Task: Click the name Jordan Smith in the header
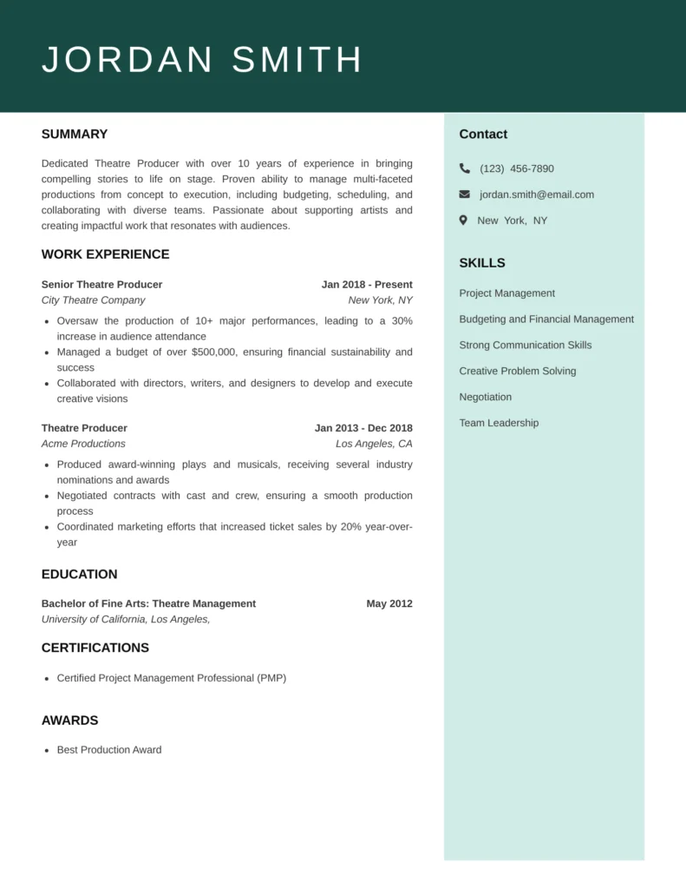point(202,60)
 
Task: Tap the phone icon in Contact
point(465,168)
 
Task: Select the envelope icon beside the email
point(465,194)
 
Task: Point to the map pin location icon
point(464,221)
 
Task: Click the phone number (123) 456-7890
point(516,168)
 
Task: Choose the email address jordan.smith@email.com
point(537,194)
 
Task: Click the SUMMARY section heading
point(75,135)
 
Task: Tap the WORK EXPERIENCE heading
point(105,254)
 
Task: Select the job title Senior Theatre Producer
point(101,285)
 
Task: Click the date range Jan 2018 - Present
point(367,285)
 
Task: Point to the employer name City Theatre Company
point(93,300)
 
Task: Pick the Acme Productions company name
point(83,444)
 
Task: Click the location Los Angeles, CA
point(374,444)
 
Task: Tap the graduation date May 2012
point(389,604)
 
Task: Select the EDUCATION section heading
point(79,575)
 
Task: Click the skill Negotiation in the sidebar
point(485,397)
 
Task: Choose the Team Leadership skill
point(499,423)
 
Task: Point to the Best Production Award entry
point(109,750)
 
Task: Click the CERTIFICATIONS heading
point(95,648)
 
